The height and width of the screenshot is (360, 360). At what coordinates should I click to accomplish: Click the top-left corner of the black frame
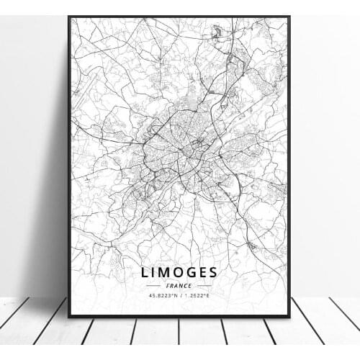[x=69, y=17]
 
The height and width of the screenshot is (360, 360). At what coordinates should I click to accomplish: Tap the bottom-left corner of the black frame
[x=69, y=316]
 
